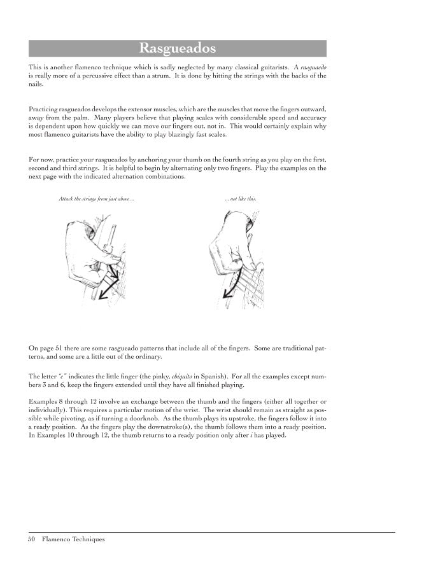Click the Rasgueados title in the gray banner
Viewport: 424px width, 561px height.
click(x=178, y=49)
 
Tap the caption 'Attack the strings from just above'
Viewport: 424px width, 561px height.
click(x=96, y=199)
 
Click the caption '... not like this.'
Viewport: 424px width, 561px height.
click(x=241, y=199)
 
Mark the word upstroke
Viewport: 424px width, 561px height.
click(x=225, y=420)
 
